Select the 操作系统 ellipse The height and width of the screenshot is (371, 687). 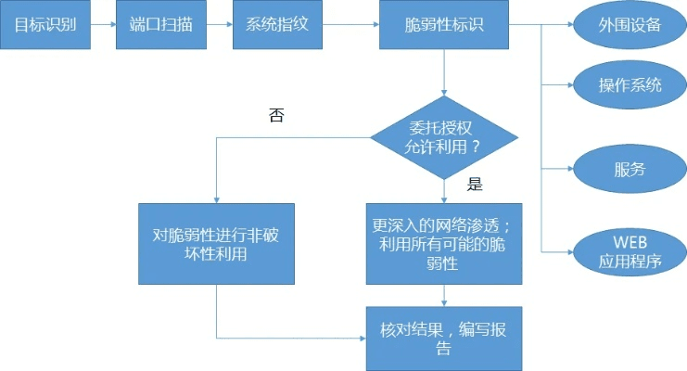[630, 84]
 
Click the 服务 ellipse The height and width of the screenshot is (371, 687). [630, 169]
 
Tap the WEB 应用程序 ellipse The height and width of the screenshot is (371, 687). [630, 251]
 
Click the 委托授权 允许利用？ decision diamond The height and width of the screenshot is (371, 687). [444, 137]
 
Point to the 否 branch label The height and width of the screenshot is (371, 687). [276, 116]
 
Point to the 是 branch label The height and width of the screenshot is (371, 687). [475, 184]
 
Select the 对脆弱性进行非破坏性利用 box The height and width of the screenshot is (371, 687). [215, 244]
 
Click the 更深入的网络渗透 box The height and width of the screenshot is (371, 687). [444, 244]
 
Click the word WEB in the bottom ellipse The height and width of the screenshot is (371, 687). [630, 241]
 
